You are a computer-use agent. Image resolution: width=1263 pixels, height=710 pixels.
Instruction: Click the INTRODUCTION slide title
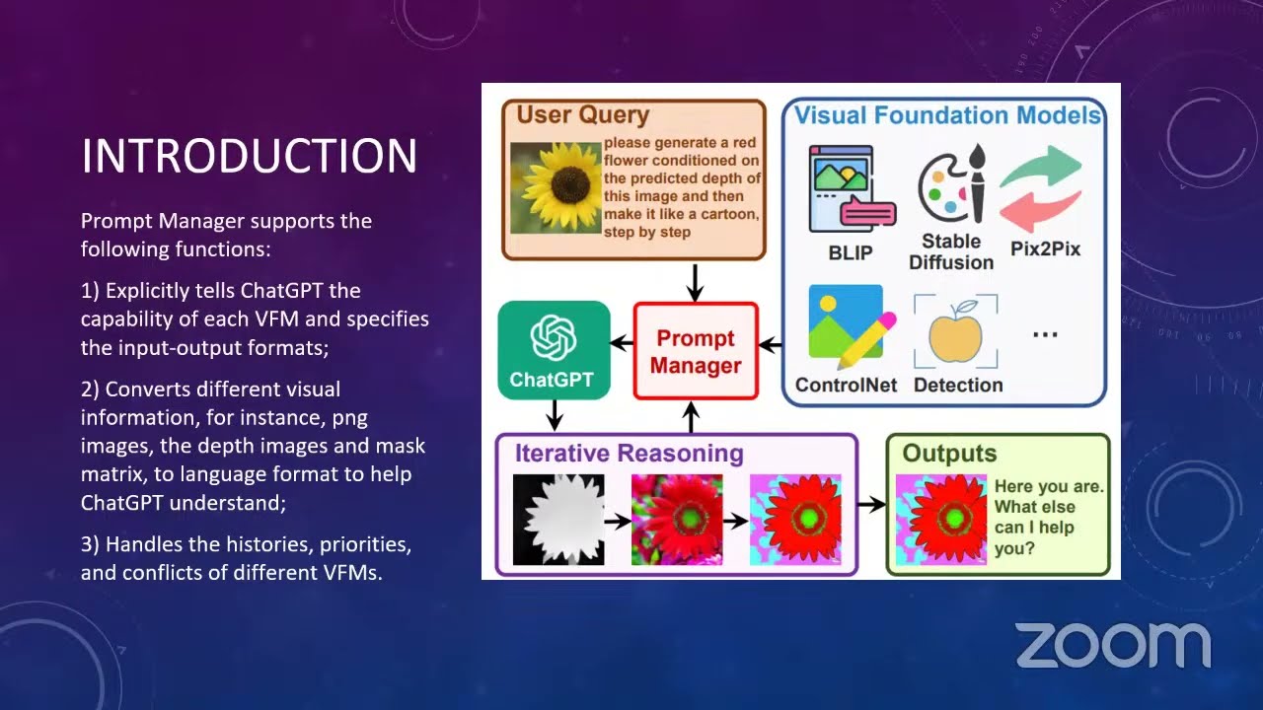click(x=250, y=156)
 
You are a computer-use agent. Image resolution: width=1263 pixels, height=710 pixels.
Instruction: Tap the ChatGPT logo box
click(x=554, y=350)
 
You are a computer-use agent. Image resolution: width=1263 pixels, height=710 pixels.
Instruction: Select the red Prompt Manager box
click(x=696, y=351)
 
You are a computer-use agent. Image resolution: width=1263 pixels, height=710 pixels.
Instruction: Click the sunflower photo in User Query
click(x=556, y=187)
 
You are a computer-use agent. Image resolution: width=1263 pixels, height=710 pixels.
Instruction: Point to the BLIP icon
click(x=852, y=189)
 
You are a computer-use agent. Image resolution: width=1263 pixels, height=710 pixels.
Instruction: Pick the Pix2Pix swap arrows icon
click(x=1041, y=188)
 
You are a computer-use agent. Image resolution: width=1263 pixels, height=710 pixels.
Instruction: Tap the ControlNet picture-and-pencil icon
click(x=852, y=326)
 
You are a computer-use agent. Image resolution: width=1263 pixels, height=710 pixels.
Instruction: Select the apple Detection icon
click(x=956, y=332)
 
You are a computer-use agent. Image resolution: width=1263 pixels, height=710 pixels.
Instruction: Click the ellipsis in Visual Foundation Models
click(x=1045, y=334)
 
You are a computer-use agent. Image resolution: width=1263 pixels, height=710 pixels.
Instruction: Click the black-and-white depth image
click(x=558, y=520)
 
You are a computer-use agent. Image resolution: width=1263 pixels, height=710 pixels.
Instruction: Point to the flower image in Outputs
click(x=941, y=520)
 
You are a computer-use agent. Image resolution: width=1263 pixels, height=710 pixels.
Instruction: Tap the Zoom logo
click(x=1114, y=645)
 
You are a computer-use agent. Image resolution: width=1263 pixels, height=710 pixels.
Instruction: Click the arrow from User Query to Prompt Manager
click(x=696, y=283)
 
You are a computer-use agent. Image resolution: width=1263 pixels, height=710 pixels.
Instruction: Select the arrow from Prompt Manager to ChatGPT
click(x=622, y=342)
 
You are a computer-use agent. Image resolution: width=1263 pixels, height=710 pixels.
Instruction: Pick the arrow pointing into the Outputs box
click(x=871, y=504)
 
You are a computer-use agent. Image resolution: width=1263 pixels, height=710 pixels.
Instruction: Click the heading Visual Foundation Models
click(x=947, y=115)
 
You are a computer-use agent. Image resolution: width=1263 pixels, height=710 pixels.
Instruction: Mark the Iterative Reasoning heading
click(x=630, y=453)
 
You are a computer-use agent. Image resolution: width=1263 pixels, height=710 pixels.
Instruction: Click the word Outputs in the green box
click(x=949, y=453)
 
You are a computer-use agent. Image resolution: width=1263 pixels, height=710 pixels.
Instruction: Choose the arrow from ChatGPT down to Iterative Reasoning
click(x=555, y=415)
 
